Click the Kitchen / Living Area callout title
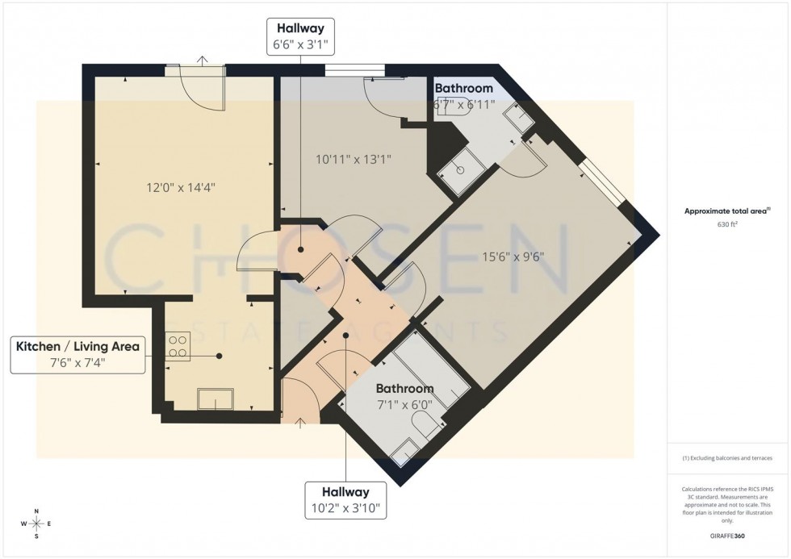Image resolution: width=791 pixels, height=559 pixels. [x=77, y=346]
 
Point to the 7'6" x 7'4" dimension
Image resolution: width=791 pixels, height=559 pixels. [x=77, y=363]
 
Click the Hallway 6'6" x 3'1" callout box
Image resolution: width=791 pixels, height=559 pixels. [x=301, y=38]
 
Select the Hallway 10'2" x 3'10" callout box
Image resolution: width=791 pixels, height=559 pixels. [x=345, y=500]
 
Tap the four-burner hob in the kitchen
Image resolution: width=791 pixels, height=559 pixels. [x=178, y=345]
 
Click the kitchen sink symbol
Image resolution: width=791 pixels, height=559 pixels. [x=216, y=399]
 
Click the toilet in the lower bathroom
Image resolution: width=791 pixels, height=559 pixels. [x=425, y=425]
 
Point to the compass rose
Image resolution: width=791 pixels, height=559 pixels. [x=36, y=524]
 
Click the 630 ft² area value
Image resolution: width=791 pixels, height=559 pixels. [x=728, y=225]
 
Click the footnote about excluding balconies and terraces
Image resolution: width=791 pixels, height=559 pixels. [x=727, y=458]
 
